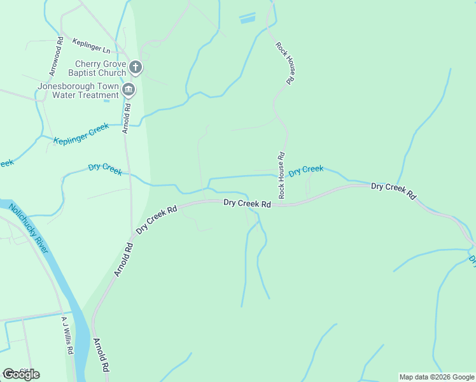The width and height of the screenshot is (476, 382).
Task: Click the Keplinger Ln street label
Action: (91, 45)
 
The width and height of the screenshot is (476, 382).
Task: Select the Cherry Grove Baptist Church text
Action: (101, 68)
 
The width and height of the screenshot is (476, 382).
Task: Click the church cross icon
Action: (135, 67)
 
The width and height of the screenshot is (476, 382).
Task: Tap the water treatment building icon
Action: (129, 89)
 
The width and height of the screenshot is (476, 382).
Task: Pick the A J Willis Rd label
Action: (66, 336)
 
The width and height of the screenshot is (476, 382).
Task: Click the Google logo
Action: (21, 374)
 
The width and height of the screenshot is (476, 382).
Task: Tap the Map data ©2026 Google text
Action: (436, 377)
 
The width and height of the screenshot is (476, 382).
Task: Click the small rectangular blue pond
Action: (247, 18)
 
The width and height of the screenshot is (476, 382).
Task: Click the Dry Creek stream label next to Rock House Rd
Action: (306, 171)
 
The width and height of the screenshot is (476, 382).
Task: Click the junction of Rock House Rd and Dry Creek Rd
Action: (282, 204)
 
